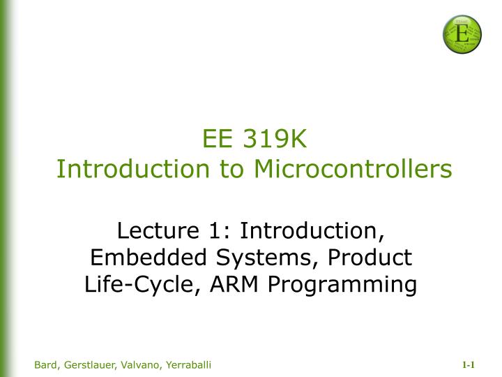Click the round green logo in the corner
point(462,34)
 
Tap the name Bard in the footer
point(46,365)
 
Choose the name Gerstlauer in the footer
point(89,365)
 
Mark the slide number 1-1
point(468,365)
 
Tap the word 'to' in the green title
point(233,168)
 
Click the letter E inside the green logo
point(462,31)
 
